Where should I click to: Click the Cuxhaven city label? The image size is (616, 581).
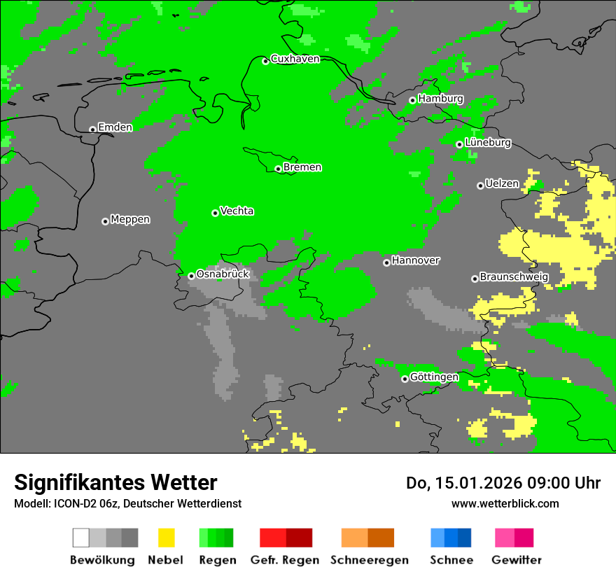[295, 59]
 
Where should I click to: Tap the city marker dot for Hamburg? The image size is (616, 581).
[412, 100]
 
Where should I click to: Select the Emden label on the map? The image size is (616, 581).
[115, 127]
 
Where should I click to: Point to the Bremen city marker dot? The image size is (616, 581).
[278, 169]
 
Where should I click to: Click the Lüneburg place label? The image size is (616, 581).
[488, 143]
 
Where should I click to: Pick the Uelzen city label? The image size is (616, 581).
[502, 184]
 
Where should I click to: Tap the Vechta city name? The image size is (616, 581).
[237, 211]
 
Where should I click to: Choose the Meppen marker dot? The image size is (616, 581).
[105, 221]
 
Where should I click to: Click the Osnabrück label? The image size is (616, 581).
[223, 274]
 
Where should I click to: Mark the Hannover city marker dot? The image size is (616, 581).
[386, 262]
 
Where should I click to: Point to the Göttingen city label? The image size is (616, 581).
[434, 377]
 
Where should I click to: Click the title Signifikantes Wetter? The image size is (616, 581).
[115, 483]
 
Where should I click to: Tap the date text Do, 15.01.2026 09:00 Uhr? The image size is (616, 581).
[503, 483]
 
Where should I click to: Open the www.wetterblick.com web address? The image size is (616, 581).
[505, 503]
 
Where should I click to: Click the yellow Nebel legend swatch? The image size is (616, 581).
[166, 538]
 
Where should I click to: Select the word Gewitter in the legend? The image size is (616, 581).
[516, 560]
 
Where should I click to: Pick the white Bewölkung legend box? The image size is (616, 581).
[81, 538]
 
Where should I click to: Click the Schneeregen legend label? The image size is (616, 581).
[369, 560]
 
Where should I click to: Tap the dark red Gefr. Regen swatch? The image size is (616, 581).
[299, 538]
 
